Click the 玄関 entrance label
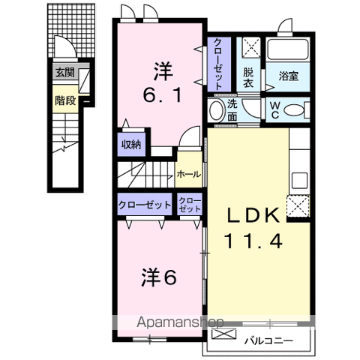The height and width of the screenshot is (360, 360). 64,73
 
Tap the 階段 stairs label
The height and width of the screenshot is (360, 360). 64,100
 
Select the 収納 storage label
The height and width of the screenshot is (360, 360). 132,145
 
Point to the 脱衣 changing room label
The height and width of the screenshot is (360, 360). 248,79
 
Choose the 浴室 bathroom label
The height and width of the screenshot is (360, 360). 289,76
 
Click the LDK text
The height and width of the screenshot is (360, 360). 254,215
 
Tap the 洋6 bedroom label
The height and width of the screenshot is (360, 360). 157,277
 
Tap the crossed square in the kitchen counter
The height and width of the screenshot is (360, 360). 298,204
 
